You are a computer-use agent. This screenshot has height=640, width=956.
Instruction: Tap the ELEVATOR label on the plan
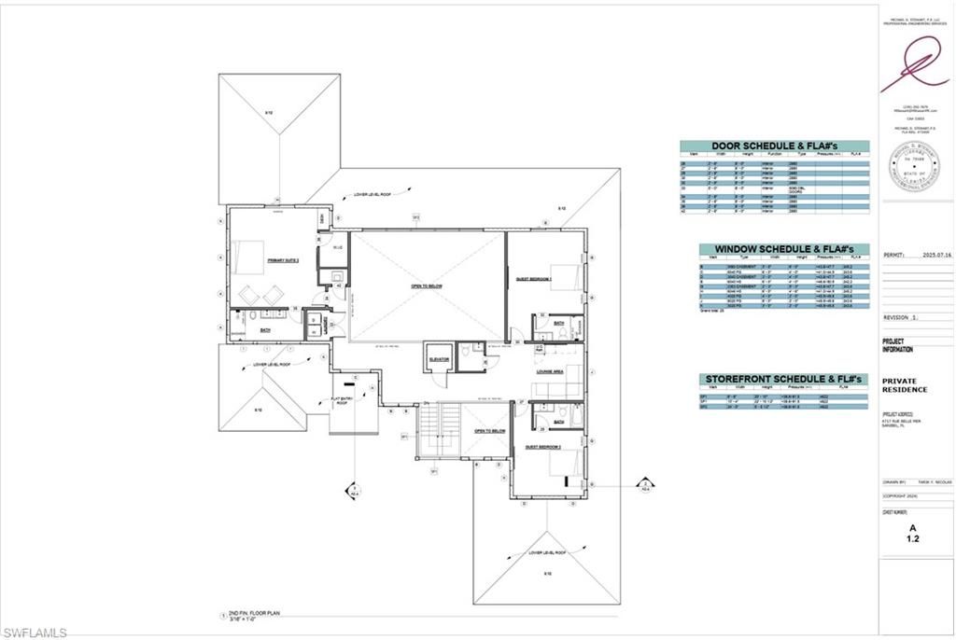[x=439, y=358]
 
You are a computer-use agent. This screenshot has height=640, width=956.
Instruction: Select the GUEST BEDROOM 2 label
[x=541, y=447]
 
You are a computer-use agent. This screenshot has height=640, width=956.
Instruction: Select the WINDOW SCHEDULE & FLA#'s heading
[x=784, y=249]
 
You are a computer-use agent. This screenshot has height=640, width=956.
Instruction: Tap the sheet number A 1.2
[x=913, y=532]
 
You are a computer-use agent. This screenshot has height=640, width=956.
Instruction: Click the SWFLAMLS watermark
[x=35, y=633]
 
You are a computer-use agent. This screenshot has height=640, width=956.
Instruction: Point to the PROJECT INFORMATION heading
[x=899, y=345]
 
